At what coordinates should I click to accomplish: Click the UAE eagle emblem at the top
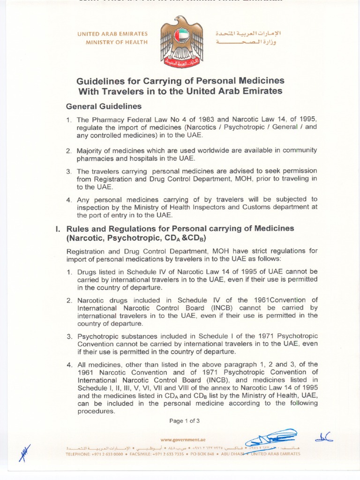(x=181, y=41)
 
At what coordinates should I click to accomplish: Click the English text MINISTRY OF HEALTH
(x=117, y=42)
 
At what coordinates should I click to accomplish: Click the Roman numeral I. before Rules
(x=58, y=228)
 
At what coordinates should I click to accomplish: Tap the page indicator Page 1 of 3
(x=185, y=420)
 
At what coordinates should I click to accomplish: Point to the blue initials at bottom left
(x=24, y=452)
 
